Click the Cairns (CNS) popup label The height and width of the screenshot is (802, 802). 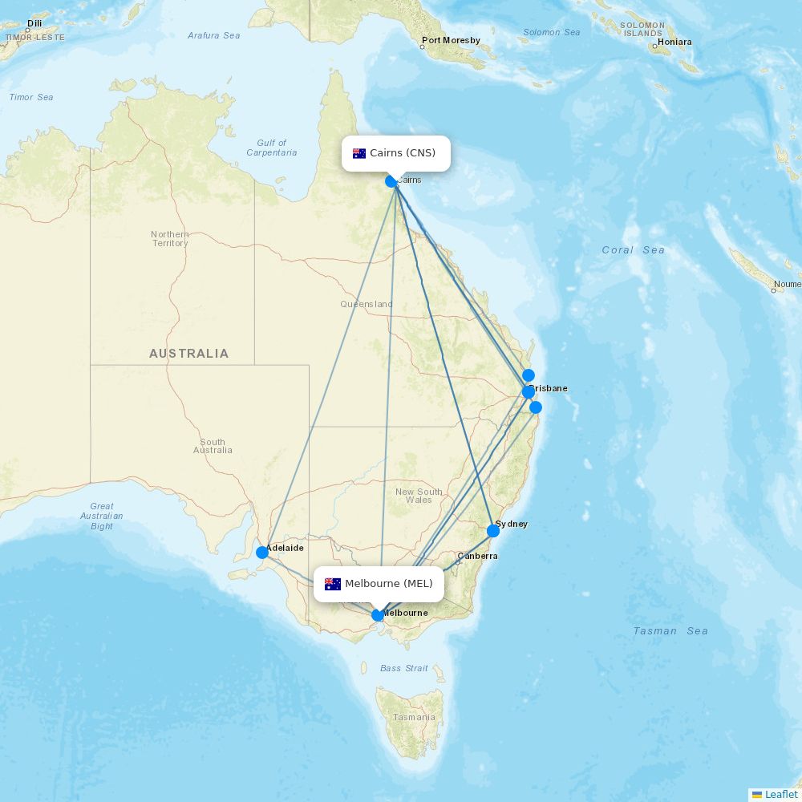pyautogui.click(x=396, y=153)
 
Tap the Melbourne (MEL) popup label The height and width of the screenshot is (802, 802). pyautogui.click(x=379, y=584)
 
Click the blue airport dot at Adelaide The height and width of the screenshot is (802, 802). pyautogui.click(x=262, y=552)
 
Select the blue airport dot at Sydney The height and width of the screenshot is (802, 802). pyautogui.click(x=493, y=530)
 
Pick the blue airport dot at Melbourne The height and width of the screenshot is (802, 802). pyautogui.click(x=378, y=615)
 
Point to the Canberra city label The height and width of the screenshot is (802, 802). pyautogui.click(x=477, y=556)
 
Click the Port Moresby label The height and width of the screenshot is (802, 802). pyautogui.click(x=452, y=40)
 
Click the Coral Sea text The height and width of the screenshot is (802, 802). pyautogui.click(x=633, y=250)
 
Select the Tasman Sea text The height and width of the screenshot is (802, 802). pyautogui.click(x=670, y=631)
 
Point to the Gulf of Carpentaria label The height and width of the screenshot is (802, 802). pyautogui.click(x=272, y=148)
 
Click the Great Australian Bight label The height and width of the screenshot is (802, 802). pyautogui.click(x=102, y=516)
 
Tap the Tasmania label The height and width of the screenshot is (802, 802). pyautogui.click(x=415, y=717)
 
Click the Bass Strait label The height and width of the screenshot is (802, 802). pyautogui.click(x=404, y=668)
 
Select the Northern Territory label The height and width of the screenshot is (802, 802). pyautogui.click(x=170, y=238)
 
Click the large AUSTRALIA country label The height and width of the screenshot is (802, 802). pyautogui.click(x=188, y=354)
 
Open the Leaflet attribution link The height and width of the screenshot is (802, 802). pyautogui.click(x=780, y=794)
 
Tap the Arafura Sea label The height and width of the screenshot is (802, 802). pyautogui.click(x=213, y=35)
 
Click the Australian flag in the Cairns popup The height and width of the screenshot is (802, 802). pyautogui.click(x=359, y=153)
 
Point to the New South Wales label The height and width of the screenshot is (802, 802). pyautogui.click(x=419, y=496)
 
